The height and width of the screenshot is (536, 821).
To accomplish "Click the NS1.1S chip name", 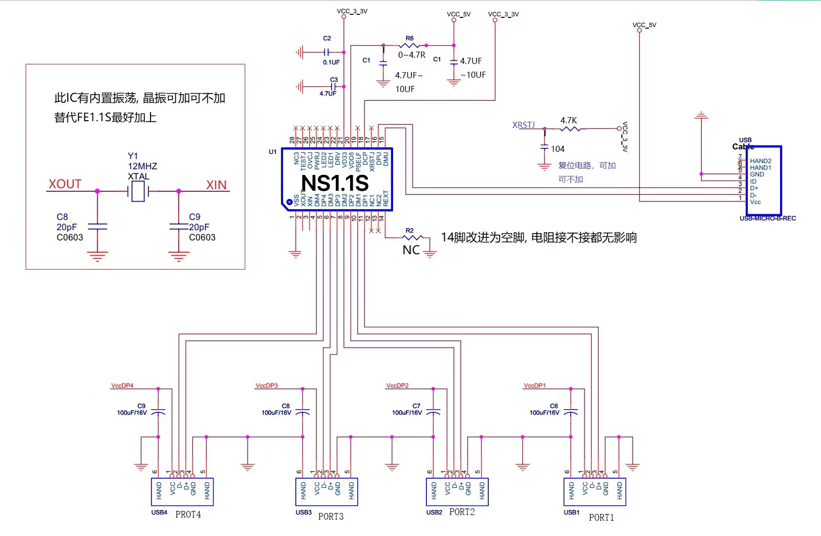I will pos(335,183).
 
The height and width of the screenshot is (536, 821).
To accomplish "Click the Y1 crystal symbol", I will pos(138,191).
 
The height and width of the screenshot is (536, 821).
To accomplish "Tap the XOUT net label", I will pos(65,184).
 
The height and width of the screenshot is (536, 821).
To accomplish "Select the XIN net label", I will pos(216,185).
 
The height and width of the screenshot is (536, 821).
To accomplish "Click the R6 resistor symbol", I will pos(409,46).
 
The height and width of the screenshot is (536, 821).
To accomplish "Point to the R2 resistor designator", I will pos(409,231).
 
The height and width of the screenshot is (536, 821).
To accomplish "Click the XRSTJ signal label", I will pos(523,125).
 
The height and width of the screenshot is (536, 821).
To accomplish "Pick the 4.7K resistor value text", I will pos(568,120).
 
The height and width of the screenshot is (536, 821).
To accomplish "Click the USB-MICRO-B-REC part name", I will pos(767,218).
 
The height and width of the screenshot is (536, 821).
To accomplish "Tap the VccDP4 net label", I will pos(122,386).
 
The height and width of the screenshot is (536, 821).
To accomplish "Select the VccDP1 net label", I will pos(534,386).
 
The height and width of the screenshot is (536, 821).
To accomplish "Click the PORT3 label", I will pos(331,517).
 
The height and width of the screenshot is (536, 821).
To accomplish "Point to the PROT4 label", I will pos(188,515).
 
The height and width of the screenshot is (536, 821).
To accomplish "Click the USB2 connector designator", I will pos(434,512).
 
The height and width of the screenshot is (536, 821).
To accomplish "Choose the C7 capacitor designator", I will pos(416,406).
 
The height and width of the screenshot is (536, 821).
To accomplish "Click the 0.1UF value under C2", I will pos(331,62).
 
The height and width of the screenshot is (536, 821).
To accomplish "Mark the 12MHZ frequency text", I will pos(142,166).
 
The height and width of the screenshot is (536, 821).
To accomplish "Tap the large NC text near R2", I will pos(411,250).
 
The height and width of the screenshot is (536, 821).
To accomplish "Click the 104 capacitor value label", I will pos(557,149).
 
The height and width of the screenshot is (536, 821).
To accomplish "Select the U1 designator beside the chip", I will pos(272,152).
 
